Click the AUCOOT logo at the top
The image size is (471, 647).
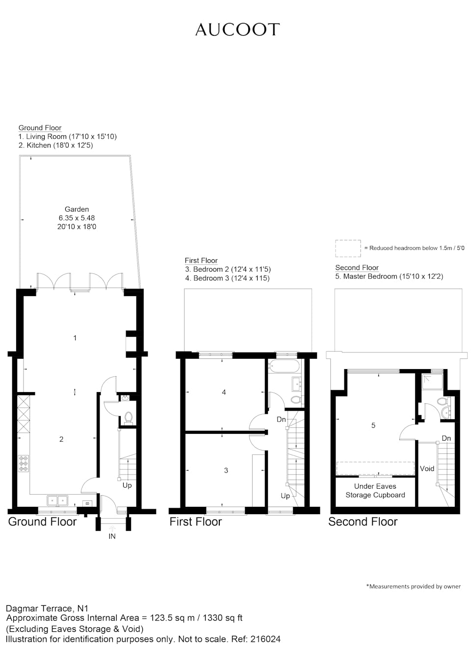click(237, 30)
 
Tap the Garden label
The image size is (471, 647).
click(77, 209)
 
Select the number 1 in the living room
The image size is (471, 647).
click(75, 338)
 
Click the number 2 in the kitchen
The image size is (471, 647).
click(61, 439)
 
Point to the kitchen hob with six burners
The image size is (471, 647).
click(24, 463)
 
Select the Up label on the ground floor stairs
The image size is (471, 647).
click(127, 485)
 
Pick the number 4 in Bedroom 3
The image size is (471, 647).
click(224, 392)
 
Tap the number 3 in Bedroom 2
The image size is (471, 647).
click(226, 470)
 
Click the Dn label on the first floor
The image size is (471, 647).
click(281, 419)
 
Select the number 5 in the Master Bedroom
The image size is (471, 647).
click(373, 425)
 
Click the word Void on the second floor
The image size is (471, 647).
click(427, 469)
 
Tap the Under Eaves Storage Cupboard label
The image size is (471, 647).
click(375, 491)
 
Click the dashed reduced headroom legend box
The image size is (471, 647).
click(348, 249)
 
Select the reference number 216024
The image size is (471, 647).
click(265, 639)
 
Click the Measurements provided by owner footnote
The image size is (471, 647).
click(414, 586)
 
